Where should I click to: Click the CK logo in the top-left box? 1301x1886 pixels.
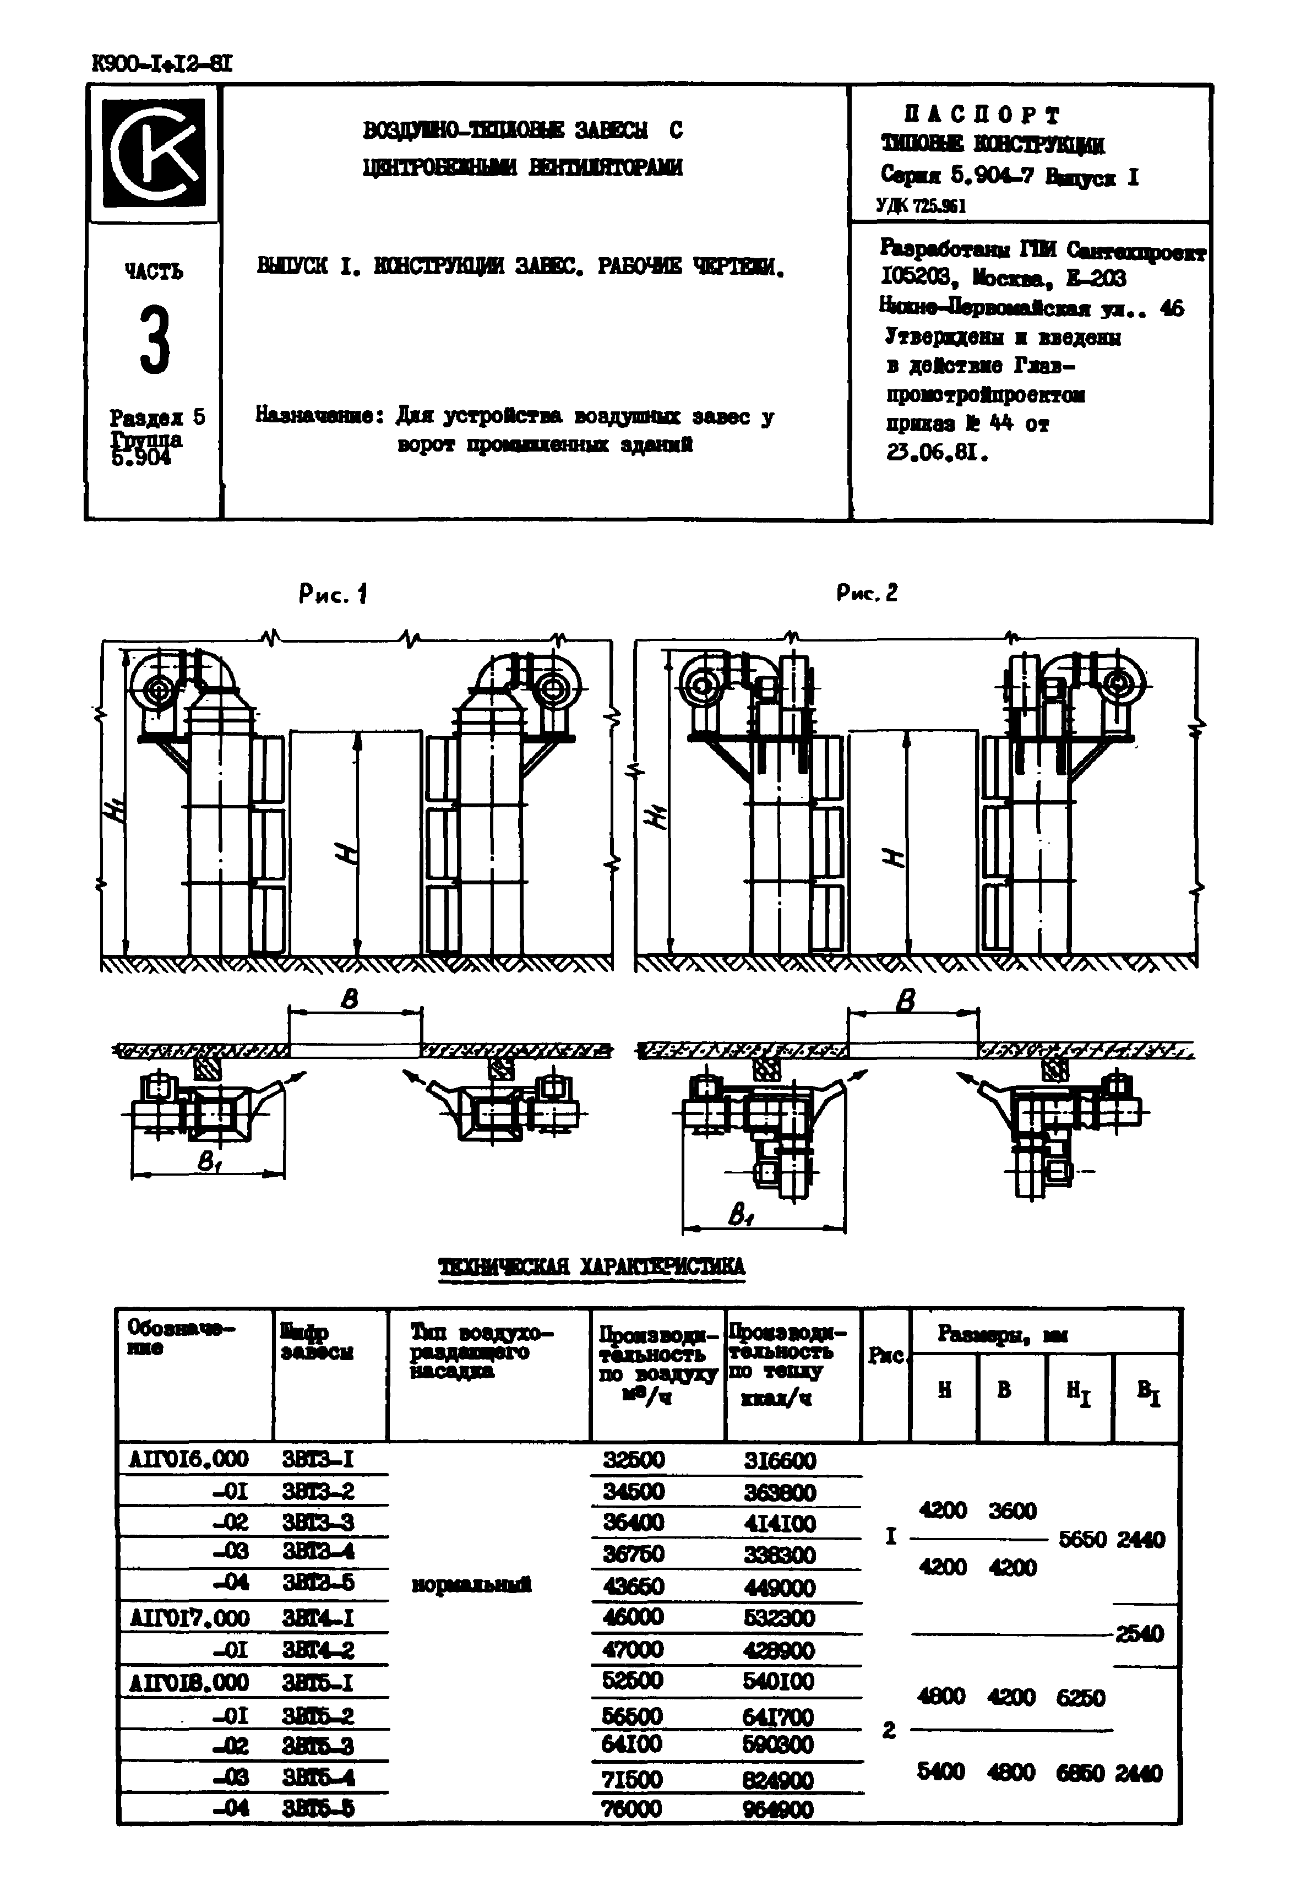153,153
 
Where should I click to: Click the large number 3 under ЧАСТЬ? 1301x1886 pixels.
154,341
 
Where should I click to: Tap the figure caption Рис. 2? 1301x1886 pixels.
867,593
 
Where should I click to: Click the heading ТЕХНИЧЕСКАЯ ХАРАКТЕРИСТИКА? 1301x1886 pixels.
592,1267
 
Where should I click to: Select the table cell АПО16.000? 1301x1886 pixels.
188,1458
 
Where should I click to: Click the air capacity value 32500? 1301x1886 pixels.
633,1459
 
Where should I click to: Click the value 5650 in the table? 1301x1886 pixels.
1082,1539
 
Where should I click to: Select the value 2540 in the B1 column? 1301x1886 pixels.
1140,1633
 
